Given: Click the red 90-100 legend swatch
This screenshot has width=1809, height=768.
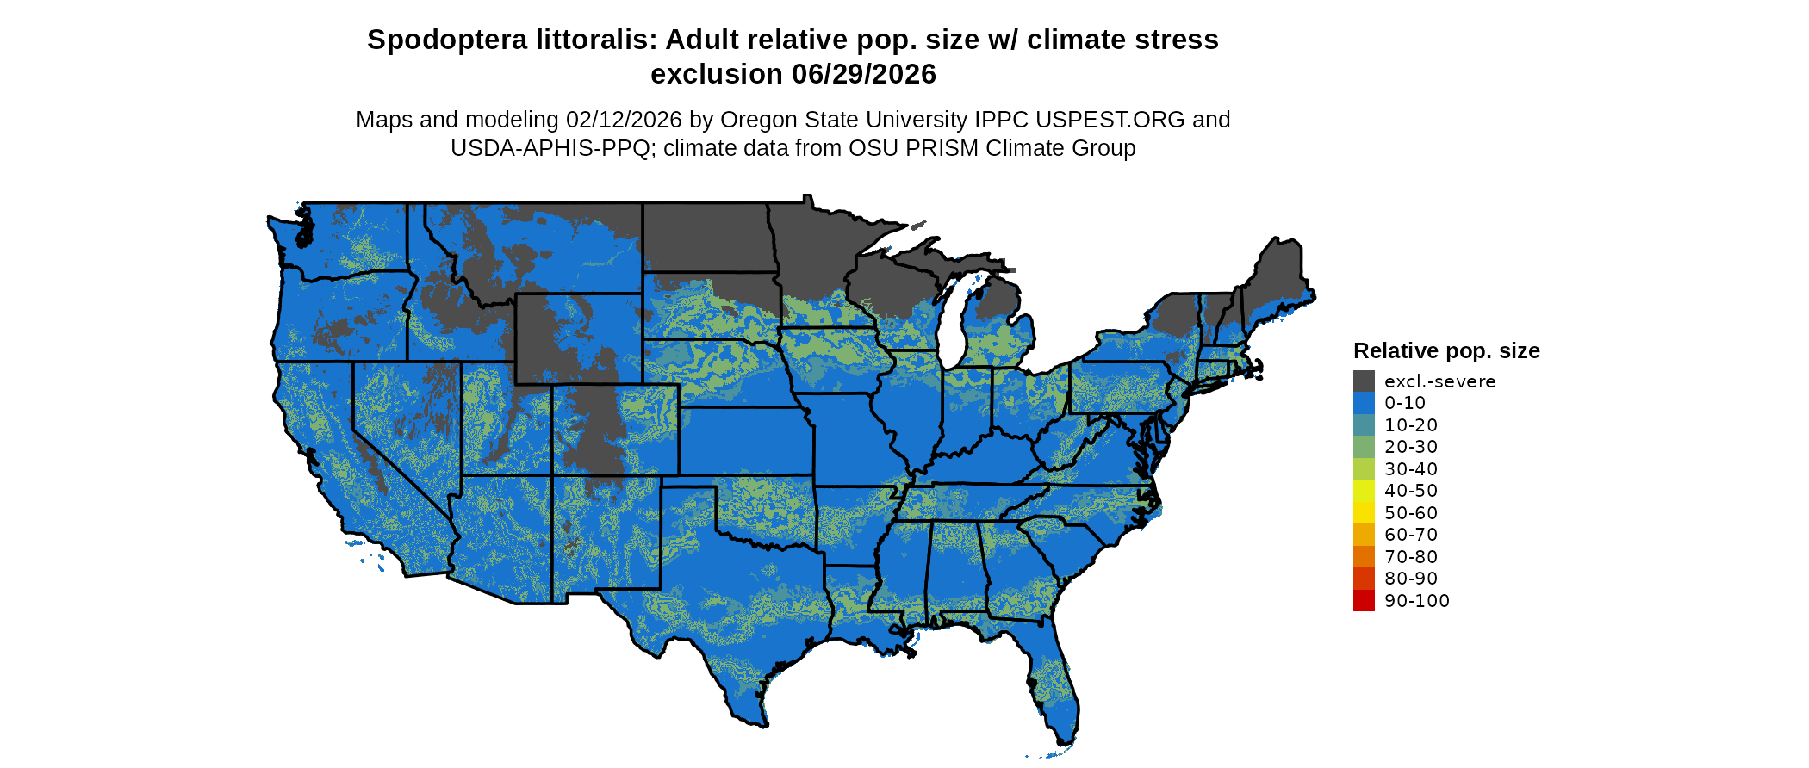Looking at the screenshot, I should coord(1364,601).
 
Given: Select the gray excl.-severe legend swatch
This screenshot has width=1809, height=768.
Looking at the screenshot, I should coord(1364,381).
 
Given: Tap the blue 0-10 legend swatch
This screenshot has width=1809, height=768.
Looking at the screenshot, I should coord(1364,403).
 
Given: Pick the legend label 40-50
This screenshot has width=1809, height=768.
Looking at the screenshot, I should coord(1411,491).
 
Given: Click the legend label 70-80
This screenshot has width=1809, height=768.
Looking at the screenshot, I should coord(1411,557).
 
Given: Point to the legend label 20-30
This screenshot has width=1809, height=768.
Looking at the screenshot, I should coord(1411,447).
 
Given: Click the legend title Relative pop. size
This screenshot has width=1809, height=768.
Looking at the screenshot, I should coord(1446,351).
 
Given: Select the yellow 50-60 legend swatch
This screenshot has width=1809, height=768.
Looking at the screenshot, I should coord(1364,513).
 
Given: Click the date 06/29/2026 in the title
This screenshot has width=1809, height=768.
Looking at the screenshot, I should coord(864,75).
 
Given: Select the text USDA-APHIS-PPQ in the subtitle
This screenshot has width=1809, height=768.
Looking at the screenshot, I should coord(550,149).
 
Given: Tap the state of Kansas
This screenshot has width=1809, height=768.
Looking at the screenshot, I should coord(745,439).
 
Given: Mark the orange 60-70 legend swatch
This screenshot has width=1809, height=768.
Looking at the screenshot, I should coord(1364,535).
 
